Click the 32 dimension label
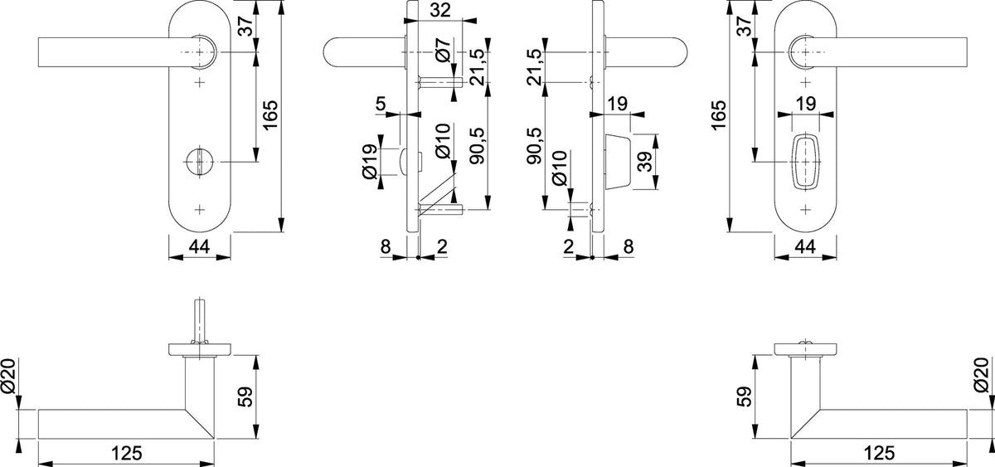click(x=440, y=10)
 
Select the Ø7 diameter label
click(x=444, y=49)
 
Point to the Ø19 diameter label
click(x=370, y=162)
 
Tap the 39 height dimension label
click(x=644, y=162)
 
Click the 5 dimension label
click(x=381, y=104)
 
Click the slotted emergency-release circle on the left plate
click(x=200, y=162)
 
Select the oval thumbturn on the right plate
click(x=805, y=162)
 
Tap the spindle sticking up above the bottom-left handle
click(x=200, y=320)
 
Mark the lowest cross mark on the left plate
click(x=200, y=210)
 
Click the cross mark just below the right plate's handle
click(x=805, y=82)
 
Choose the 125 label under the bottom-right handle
click(x=879, y=453)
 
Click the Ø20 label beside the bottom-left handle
click(x=8, y=376)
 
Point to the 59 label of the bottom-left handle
click(x=245, y=396)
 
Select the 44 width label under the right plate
click(x=805, y=246)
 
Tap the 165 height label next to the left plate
click(x=270, y=115)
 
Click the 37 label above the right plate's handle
click(x=744, y=26)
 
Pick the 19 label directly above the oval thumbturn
click(x=806, y=104)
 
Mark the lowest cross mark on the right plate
click(x=805, y=210)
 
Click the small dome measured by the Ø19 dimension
click(x=403, y=162)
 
